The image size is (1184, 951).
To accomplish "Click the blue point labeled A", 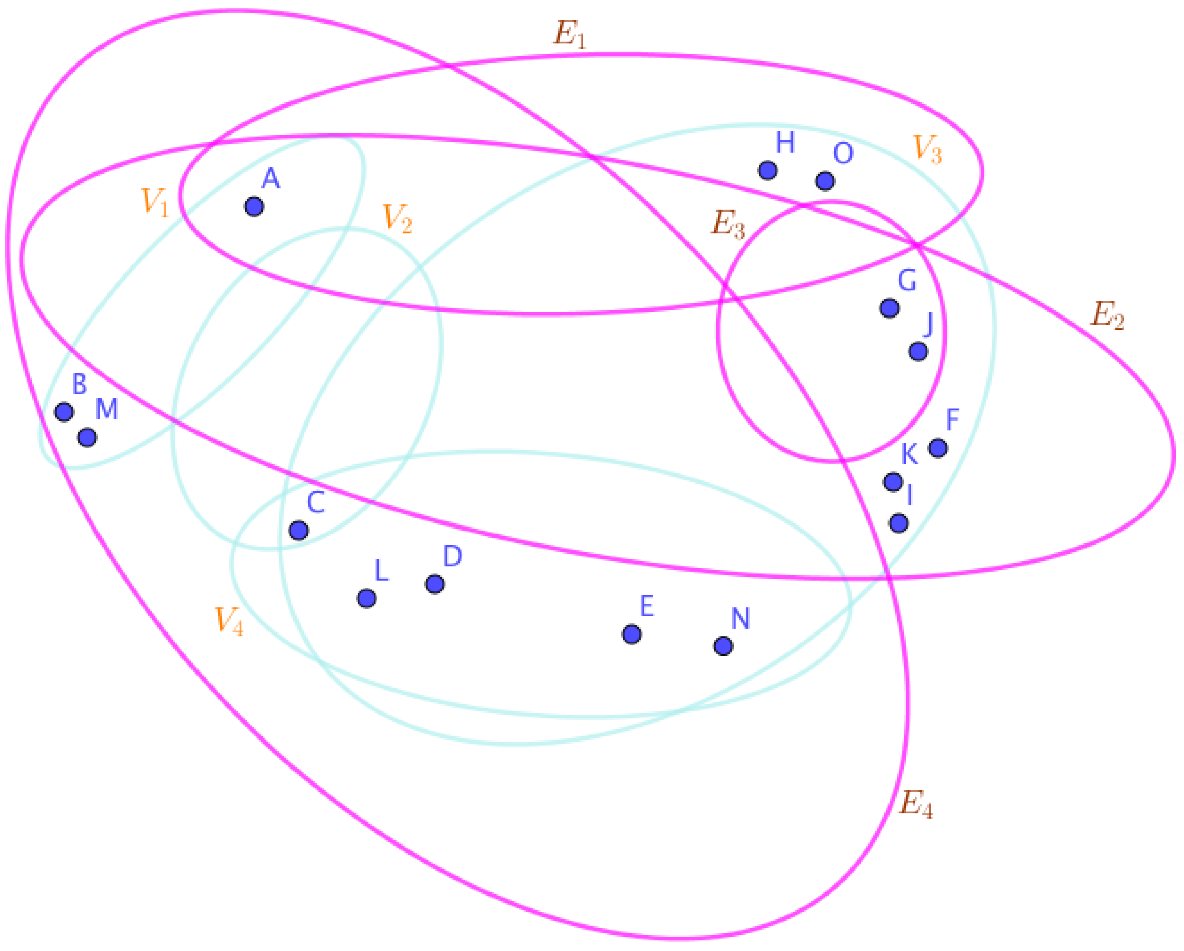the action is pos(254,206).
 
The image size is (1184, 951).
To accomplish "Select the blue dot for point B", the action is pos(64,412).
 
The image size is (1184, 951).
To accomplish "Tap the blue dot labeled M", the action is pos(88,437).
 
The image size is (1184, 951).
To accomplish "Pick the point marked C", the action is pos(299,530).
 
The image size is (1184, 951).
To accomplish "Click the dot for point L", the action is pos(367,598).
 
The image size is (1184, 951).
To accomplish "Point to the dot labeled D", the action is pos(435,584).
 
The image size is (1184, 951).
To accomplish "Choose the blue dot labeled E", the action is pos(632,634).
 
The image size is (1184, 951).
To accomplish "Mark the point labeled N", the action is pos(723,646).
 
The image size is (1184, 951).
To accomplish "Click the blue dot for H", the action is pos(768,170).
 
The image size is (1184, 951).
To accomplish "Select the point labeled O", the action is pos(825,181).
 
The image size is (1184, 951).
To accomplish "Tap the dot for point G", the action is pos(890,308).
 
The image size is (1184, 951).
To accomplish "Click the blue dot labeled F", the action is pos(938,448).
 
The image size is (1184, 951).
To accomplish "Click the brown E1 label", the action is pos(569,35).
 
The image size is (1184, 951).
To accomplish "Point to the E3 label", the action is pos(728,225).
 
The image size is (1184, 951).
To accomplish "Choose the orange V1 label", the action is pos(155,201).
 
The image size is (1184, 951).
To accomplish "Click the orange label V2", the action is pos(397,218).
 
